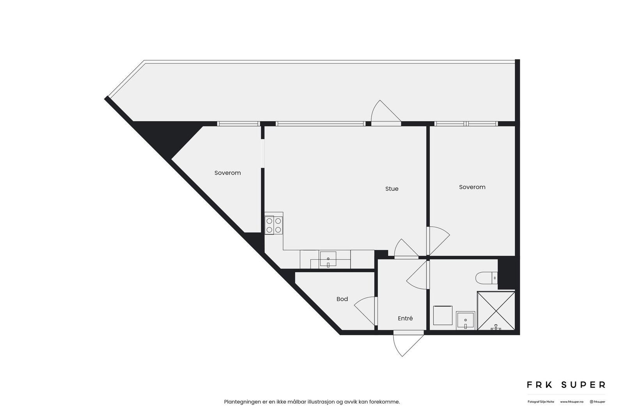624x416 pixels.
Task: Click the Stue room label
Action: pos(392,189)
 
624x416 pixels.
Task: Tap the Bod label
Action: pos(342,299)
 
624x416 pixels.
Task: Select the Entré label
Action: pos(405,318)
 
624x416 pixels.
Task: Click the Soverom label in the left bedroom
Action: pos(227,173)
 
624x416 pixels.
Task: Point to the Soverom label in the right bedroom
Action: pos(472,187)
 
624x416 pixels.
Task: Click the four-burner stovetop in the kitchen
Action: pos(273,225)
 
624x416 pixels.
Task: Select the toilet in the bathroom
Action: pos(486,278)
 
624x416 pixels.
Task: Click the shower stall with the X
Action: pos(496,310)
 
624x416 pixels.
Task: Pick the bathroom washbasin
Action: pos(466,320)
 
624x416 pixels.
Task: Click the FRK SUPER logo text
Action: pos(566,385)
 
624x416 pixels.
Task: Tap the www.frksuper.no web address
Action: pos(572,402)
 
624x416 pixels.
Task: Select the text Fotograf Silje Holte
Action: pos(541,402)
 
